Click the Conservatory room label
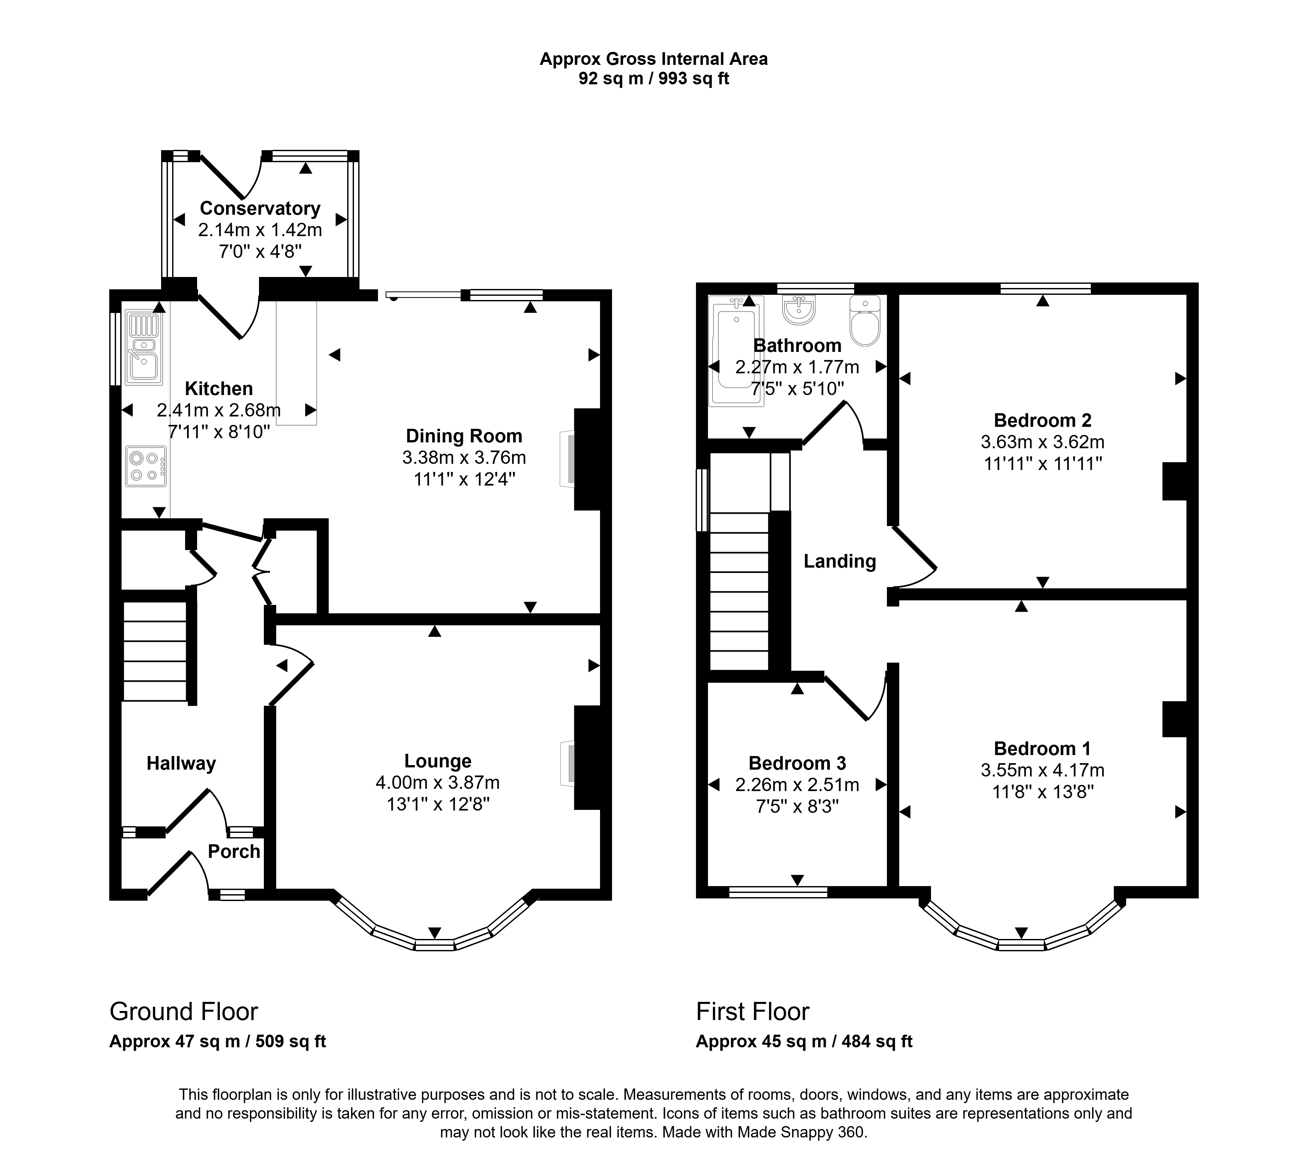click(x=260, y=208)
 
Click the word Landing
click(x=840, y=561)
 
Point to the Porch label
click(x=234, y=851)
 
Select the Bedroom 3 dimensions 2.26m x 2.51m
click(x=797, y=784)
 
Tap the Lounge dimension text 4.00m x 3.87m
click(x=438, y=782)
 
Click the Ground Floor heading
click(x=184, y=1011)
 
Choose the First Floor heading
click(x=753, y=1011)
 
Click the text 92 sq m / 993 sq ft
click(x=654, y=78)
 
